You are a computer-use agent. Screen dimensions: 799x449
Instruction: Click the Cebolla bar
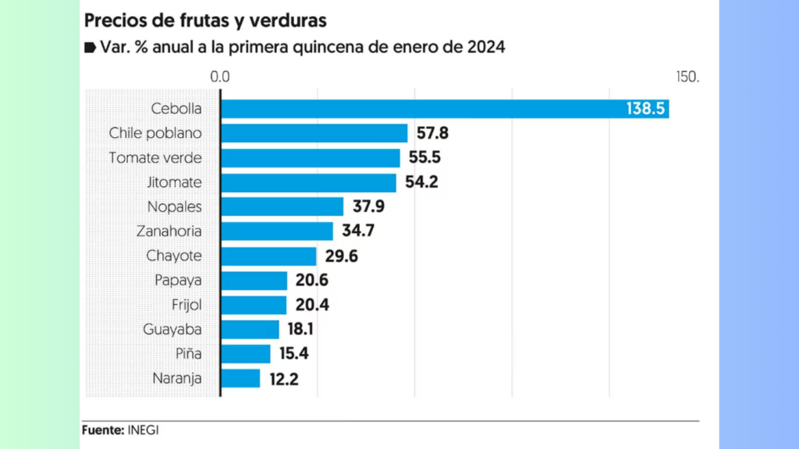tap(445, 108)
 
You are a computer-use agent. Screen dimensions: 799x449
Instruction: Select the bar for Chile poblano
tap(314, 133)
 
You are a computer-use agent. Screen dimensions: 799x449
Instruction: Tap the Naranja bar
tap(240, 378)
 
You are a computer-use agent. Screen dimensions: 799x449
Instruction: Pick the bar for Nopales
tap(282, 207)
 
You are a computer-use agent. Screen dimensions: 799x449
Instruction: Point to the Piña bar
tap(246, 354)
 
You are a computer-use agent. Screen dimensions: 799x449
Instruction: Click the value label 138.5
tap(645, 108)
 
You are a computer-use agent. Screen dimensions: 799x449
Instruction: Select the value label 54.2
tap(421, 182)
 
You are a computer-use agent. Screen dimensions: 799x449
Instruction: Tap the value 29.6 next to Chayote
tap(342, 256)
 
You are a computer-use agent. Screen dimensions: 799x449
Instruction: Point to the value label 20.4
tap(312, 305)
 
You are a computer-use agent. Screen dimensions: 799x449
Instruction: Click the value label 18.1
tap(300, 329)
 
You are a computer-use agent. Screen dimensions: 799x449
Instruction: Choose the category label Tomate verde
tap(155, 157)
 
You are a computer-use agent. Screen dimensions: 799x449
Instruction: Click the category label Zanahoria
tap(169, 231)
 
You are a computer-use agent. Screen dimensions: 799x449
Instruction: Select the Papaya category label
tap(179, 281)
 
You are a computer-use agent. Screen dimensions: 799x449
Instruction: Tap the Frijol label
tap(186, 305)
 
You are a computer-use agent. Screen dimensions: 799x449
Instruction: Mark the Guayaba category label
tap(172, 330)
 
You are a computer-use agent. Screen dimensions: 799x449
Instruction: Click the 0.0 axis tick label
tap(220, 76)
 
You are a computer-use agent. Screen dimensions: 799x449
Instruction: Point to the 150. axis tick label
tap(688, 76)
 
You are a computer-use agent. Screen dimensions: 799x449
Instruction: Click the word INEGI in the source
tap(144, 430)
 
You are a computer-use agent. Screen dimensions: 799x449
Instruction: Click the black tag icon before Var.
tap(91, 48)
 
